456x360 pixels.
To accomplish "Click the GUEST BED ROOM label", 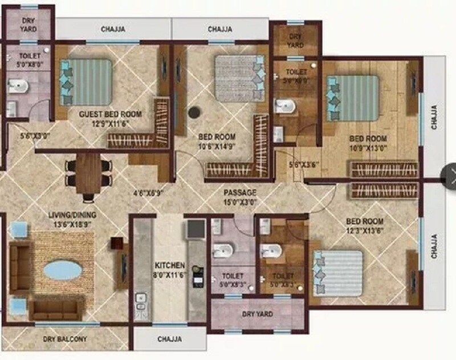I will [x=110, y=114].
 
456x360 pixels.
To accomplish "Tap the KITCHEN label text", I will [x=170, y=266].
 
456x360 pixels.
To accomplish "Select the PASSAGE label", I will [x=240, y=192].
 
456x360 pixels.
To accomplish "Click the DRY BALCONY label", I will [x=65, y=339].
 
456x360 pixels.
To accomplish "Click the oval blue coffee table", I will [x=63, y=270].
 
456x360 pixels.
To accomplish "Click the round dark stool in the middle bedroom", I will [x=195, y=112].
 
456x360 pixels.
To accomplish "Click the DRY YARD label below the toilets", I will [x=257, y=314].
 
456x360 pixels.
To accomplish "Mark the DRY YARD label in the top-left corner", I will [x=28, y=23].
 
